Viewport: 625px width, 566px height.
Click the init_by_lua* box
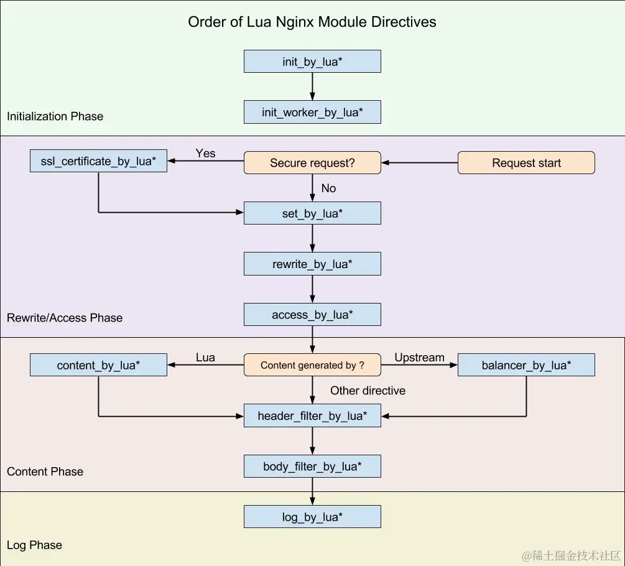pyautogui.click(x=312, y=62)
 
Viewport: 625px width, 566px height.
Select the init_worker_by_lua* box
pyautogui.click(x=312, y=113)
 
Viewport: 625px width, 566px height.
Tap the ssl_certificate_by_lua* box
pyautogui.click(x=98, y=162)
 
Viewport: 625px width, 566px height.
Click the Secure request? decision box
pyautogui.click(x=312, y=163)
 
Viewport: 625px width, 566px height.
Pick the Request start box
pyautogui.click(x=526, y=163)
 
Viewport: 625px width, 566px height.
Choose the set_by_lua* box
pyautogui.click(x=312, y=213)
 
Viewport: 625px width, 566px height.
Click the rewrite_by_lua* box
pyautogui.click(x=312, y=264)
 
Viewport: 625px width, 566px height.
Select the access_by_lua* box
pyautogui.click(x=312, y=315)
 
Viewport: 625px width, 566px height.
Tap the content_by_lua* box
pyautogui.click(x=98, y=365)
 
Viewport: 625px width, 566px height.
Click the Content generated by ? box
pyautogui.click(x=312, y=365)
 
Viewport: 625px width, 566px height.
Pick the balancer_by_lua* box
pyautogui.click(x=526, y=365)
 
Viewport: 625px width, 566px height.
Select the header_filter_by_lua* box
pyautogui.click(x=312, y=415)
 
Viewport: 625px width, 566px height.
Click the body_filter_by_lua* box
pyautogui.click(x=312, y=466)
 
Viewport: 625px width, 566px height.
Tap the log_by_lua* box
pyautogui.click(x=312, y=517)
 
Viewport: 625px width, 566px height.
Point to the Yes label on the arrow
pyautogui.click(x=205, y=153)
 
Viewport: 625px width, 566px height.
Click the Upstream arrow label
pyautogui.click(x=419, y=358)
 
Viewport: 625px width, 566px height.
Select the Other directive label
pyautogui.click(x=368, y=391)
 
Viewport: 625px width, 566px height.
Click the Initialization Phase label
pyautogui.click(x=55, y=116)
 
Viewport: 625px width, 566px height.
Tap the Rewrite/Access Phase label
pyautogui.click(x=65, y=318)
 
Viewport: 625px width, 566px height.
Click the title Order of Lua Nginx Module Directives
pyautogui.click(x=312, y=22)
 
